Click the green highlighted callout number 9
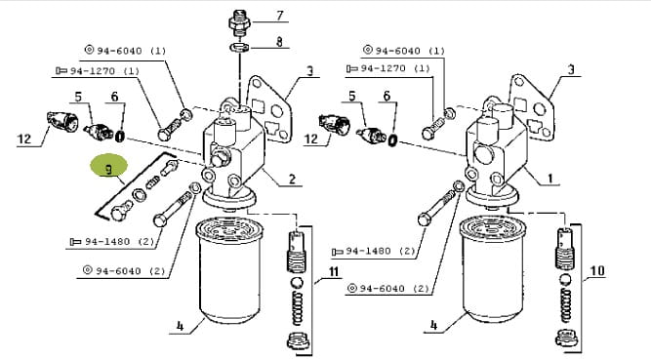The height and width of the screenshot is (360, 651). [108, 169]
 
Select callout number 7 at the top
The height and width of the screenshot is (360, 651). [280, 16]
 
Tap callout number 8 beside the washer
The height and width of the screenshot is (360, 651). [279, 41]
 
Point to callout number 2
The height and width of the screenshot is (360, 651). [292, 179]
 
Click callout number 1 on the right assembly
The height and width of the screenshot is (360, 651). [550, 179]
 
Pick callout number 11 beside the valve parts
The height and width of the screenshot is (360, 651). [334, 272]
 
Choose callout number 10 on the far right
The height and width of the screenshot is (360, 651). [597, 270]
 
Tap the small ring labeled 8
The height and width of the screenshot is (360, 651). [239, 47]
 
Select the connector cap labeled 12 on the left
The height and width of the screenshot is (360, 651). [62, 122]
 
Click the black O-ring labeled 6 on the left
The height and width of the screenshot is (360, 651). [120, 136]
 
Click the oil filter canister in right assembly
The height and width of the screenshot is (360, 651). [493, 269]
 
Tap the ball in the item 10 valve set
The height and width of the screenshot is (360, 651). [565, 279]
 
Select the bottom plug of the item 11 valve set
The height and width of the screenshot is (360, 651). [298, 340]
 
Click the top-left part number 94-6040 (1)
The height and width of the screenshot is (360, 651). [125, 50]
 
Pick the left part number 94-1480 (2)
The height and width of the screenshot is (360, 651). [112, 241]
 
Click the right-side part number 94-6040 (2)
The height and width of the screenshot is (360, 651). [387, 288]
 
